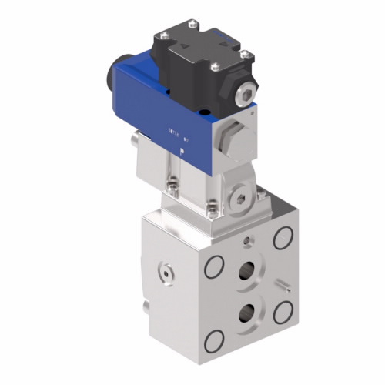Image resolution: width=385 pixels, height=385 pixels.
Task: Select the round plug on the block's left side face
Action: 164,271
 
